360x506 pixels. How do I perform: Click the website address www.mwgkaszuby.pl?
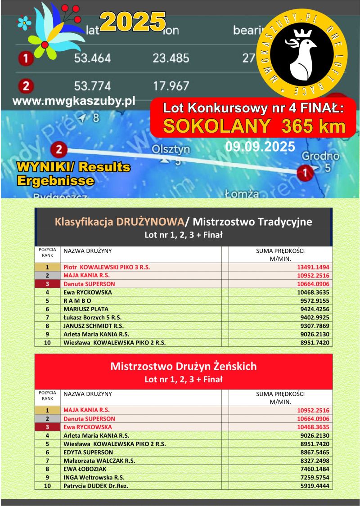(x=74, y=101)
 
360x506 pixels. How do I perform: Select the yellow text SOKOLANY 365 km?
(x=254, y=126)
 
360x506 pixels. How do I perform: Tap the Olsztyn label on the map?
(x=171, y=149)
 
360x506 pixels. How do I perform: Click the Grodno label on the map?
(x=320, y=157)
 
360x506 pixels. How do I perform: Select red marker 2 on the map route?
(x=58, y=149)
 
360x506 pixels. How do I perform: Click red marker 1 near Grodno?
(x=305, y=172)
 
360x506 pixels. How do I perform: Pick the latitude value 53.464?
(x=92, y=58)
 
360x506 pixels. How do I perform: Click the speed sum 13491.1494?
(x=313, y=267)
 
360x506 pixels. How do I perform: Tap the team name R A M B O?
(x=77, y=300)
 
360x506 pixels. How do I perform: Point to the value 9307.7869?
(x=313, y=326)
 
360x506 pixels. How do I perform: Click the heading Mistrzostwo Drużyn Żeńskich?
(x=184, y=366)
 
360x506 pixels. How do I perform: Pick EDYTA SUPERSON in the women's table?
(x=88, y=452)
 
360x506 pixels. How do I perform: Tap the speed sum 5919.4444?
(x=313, y=486)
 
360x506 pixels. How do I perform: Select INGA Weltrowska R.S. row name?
(x=94, y=477)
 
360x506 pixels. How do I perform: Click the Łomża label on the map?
(x=242, y=194)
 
